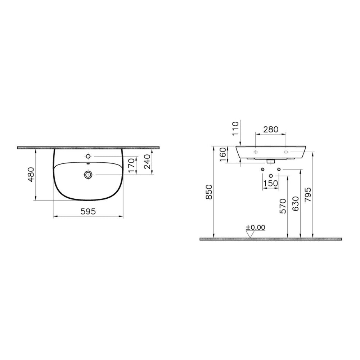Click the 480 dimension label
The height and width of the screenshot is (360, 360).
[x=31, y=175]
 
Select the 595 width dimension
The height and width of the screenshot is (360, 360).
[x=88, y=211]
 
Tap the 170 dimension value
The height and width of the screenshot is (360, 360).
[x=131, y=165]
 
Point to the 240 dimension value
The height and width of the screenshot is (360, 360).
[x=147, y=162]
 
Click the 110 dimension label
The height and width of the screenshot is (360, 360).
[x=235, y=129]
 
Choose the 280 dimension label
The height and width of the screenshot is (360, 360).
[x=271, y=130]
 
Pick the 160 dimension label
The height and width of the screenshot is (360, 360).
[x=223, y=154]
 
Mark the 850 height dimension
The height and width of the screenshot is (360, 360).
[x=209, y=192]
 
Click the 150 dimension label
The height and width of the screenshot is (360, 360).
[x=271, y=183]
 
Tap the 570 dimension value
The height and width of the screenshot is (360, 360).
[x=283, y=206]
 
